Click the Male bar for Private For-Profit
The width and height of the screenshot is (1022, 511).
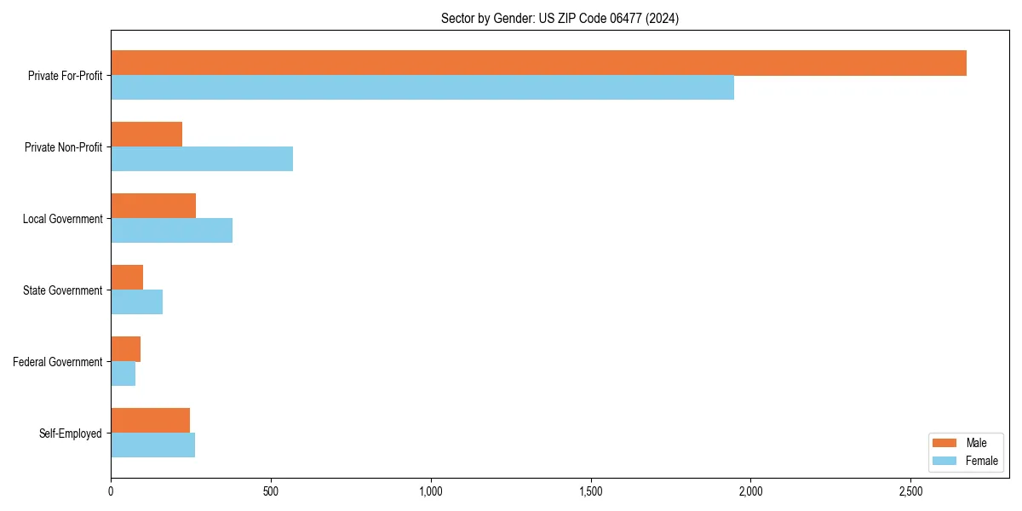[x=538, y=63]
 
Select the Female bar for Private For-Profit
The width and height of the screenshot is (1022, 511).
[x=422, y=88]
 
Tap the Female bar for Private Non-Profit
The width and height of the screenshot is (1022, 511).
[x=202, y=159]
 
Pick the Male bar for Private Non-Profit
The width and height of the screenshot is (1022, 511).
[x=146, y=135]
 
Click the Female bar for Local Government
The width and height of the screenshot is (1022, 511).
[x=171, y=231]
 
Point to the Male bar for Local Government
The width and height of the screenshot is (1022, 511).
[x=153, y=206]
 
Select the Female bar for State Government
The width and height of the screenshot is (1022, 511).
[x=136, y=302]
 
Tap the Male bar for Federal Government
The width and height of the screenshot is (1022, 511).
[x=125, y=349]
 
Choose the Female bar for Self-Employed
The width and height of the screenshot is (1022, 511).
[x=152, y=445]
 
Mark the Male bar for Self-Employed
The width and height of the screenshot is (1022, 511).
[x=150, y=421]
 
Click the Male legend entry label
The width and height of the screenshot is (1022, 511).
[x=976, y=443]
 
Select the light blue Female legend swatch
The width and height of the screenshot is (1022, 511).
[x=944, y=461]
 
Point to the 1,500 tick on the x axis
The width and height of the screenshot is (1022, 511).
[x=590, y=491]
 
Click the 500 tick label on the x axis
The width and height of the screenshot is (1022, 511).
[x=271, y=491]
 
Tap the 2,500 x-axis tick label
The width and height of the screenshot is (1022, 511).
[x=910, y=491]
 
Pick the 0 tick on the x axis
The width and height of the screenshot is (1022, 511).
[x=111, y=491]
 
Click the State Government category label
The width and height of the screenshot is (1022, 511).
[x=62, y=290]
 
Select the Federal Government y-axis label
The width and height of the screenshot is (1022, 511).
[x=57, y=362]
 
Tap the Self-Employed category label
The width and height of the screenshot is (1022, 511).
[x=70, y=433]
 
